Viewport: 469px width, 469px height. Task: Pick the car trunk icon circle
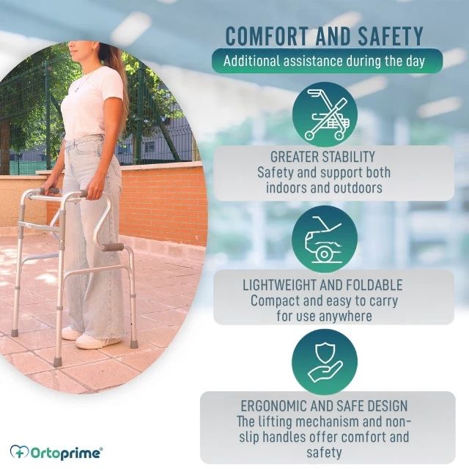coord(325,240)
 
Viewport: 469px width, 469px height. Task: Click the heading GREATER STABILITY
coord(323,157)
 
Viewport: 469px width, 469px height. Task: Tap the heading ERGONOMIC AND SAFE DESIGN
coord(324,406)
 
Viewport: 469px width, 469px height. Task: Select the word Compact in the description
coord(275,300)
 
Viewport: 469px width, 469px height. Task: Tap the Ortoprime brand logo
coord(56,452)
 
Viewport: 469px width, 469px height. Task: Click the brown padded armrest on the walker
coord(114,247)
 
